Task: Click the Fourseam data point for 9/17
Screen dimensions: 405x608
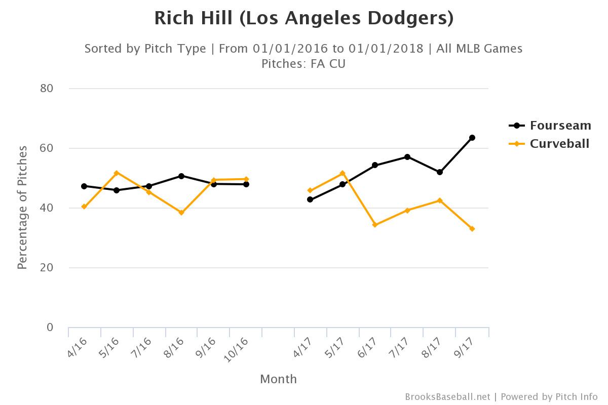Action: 472,138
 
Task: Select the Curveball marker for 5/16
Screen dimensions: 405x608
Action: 117,173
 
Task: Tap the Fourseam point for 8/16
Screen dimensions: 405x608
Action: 181,176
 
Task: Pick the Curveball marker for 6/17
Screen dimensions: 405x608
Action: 375,225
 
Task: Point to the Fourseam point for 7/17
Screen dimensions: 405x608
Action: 407,157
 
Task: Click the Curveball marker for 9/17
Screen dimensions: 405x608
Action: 472,229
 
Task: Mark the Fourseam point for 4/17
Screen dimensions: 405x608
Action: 310,199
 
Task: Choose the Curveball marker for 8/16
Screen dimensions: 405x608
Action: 181,213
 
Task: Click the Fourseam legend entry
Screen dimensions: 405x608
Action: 550,126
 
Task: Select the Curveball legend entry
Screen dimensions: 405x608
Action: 550,144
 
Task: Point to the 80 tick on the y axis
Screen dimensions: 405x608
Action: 47,89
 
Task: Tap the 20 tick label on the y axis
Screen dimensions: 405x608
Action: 47,268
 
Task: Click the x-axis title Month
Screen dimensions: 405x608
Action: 278,379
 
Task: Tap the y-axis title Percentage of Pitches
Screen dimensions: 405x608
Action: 22,208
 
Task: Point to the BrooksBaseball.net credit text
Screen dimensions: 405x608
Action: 447,397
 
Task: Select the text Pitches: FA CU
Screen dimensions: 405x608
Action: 303,64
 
